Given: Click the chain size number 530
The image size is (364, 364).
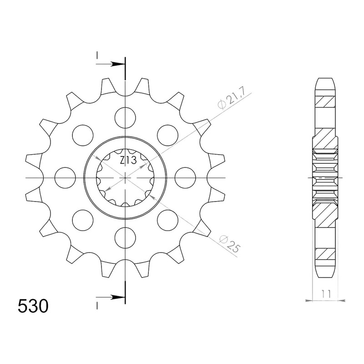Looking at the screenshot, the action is pyautogui.click(x=33, y=306).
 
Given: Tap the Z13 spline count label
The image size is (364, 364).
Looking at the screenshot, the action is pyautogui.click(x=128, y=160).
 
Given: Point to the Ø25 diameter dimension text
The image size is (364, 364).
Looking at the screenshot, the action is pyautogui.click(x=229, y=244).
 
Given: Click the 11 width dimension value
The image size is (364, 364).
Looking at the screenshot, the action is pyautogui.click(x=326, y=294).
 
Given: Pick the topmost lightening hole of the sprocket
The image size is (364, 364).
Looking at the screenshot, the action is pyautogui.click(x=126, y=118).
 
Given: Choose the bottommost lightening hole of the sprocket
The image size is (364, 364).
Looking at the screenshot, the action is pyautogui.click(x=126, y=238).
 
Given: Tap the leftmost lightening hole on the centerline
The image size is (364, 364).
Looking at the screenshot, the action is pyautogui.click(x=65, y=178).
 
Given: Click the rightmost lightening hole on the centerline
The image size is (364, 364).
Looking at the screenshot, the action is pyautogui.click(x=185, y=178).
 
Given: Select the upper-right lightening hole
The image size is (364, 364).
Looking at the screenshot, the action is pyautogui.click(x=167, y=135).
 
